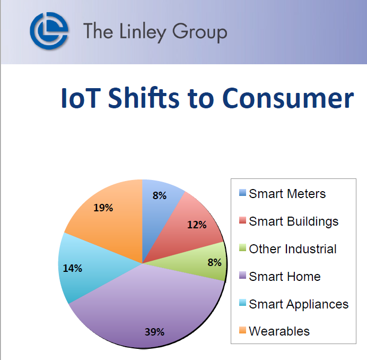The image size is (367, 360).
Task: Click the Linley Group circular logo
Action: tap(49, 31)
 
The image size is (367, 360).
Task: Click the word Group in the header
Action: tap(199, 32)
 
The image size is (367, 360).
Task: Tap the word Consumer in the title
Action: tap(288, 98)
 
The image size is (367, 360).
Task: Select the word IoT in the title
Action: tap(81, 98)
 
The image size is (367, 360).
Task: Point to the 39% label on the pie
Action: tap(154, 332)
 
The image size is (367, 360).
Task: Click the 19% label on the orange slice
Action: tap(103, 208)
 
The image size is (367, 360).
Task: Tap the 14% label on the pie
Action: tap(73, 268)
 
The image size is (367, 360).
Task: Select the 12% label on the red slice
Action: tap(197, 225)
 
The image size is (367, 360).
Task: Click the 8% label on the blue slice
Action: tap(160, 195)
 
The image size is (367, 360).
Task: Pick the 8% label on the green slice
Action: tap(214, 262)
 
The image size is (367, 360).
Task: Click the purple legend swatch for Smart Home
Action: tap(242, 275)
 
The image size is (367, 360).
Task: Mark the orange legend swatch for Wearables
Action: tap(242, 330)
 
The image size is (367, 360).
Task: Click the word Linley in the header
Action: tap(143, 32)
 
